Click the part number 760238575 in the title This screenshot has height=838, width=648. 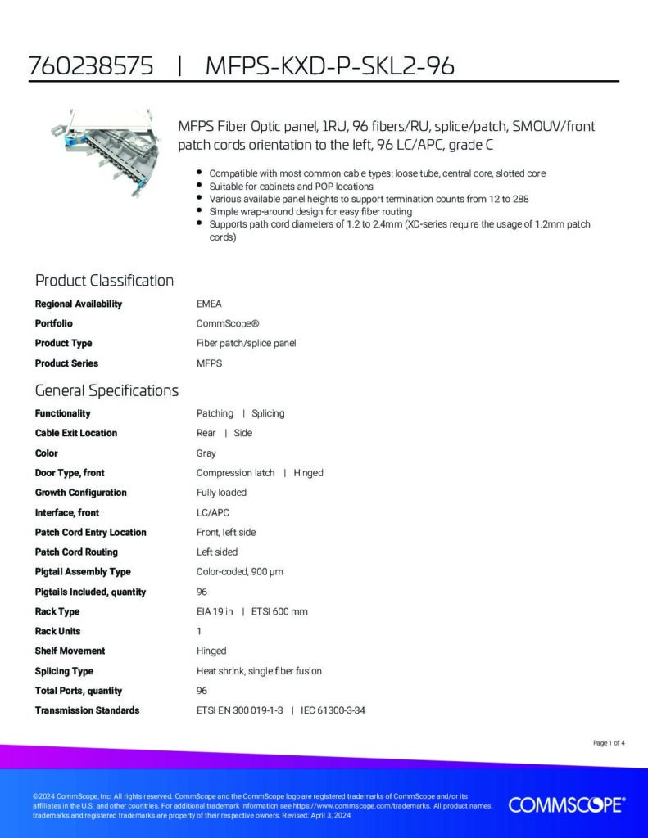pos(91,66)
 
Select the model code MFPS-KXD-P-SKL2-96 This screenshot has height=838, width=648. pos(329,66)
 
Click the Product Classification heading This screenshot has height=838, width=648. pos(104,281)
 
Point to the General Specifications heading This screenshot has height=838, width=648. pos(106,390)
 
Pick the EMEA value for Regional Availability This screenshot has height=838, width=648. pos(209,304)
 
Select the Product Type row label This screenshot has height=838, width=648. pos(63,343)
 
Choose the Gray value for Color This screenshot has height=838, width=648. pos(206,453)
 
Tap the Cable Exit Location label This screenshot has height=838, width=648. pos(75,433)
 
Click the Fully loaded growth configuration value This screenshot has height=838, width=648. pos(221,493)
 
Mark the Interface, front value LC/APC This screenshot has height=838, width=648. pos(213,512)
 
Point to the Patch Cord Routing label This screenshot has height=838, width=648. pos(76,552)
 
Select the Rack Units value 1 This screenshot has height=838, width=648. pos(199,631)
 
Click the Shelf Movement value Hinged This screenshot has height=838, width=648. pos(211,651)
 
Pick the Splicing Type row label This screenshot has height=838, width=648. pos(64,671)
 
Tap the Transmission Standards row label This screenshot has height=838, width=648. pos(87,710)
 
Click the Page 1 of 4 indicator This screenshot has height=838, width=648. pos(609,743)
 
